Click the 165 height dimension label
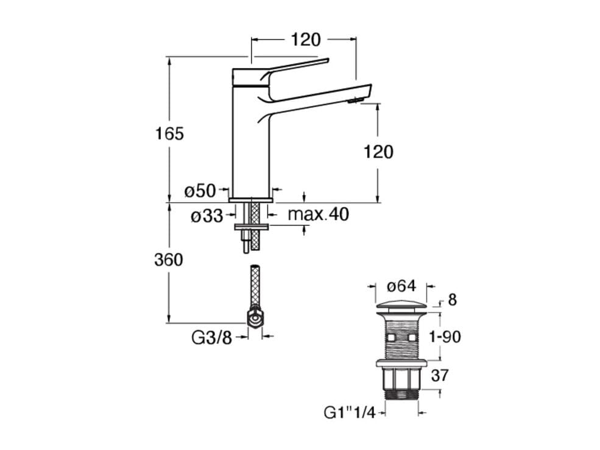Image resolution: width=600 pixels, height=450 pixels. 169,134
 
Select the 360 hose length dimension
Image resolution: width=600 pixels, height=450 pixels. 169,260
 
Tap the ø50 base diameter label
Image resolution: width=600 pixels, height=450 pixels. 200,191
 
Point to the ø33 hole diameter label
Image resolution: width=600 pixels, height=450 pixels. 206,216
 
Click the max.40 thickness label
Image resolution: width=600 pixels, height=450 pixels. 319,214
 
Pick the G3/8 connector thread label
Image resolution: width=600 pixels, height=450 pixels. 211,338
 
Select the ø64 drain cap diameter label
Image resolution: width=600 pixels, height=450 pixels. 401,286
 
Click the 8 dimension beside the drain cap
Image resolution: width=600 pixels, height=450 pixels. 452,300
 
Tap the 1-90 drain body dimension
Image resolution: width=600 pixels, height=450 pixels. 445,337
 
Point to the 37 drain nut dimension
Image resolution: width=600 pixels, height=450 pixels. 439,375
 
